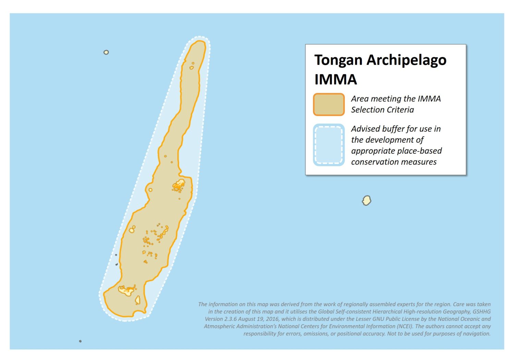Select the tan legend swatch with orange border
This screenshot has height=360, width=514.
pyautogui.click(x=329, y=104)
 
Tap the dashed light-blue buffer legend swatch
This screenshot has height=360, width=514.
pyautogui.click(x=329, y=145)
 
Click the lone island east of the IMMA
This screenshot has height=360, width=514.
pyautogui.click(x=366, y=200)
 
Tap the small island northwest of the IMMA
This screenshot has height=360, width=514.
pyautogui.click(x=106, y=52)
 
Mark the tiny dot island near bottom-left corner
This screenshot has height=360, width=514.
pyautogui.click(x=80, y=341)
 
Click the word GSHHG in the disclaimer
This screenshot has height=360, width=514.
pyautogui.click(x=481, y=312)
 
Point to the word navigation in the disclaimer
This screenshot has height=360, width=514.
pyautogui.click(x=476, y=334)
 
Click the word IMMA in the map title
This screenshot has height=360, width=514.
pyautogui.click(x=335, y=80)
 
